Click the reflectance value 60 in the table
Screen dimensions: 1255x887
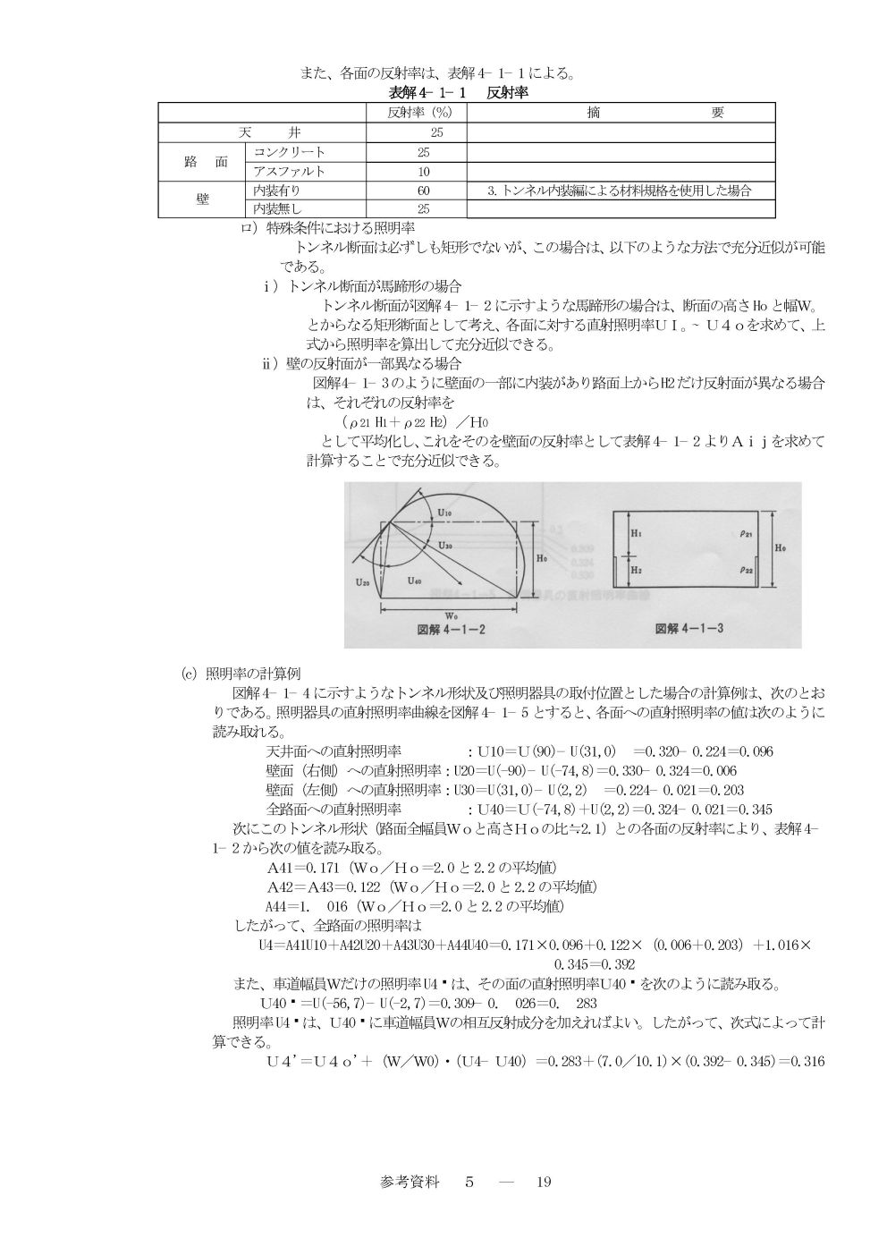click(424, 191)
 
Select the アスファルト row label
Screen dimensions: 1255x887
click(289, 171)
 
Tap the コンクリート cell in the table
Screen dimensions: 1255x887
click(290, 152)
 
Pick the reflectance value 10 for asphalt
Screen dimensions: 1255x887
click(424, 171)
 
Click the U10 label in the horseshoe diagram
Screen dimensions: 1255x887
click(445, 512)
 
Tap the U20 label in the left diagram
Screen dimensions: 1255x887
click(362, 582)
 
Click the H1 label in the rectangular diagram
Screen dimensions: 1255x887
click(636, 532)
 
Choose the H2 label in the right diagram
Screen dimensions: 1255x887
click(636, 568)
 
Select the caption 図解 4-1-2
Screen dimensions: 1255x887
click(452, 629)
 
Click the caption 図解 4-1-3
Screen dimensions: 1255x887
click(689, 629)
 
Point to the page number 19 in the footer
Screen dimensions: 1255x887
click(544, 1182)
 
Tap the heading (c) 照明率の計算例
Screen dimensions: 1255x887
click(248, 674)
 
